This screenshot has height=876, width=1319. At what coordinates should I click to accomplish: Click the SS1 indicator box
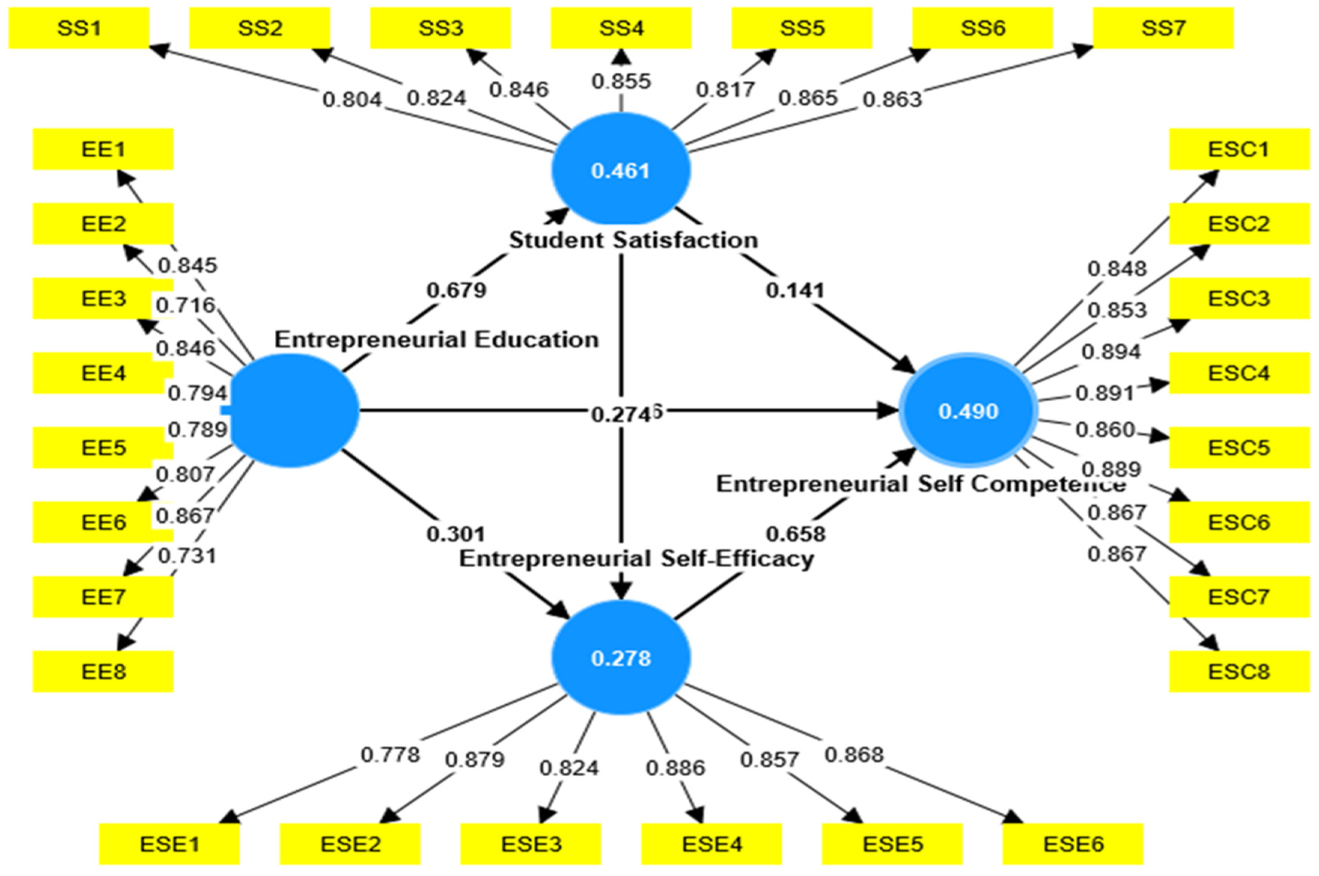click(x=79, y=28)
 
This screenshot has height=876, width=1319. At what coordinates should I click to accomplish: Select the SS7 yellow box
click(x=1163, y=28)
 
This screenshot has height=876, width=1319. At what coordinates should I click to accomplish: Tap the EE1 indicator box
click(x=103, y=149)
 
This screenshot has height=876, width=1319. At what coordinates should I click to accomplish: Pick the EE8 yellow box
click(x=103, y=671)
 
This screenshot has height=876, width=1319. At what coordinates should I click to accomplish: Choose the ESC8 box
click(x=1239, y=671)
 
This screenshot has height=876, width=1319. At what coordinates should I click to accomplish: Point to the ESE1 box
click(x=169, y=843)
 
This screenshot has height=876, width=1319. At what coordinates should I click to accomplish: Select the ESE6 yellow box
click(x=1073, y=843)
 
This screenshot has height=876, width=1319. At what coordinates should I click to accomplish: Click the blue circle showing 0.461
click(x=621, y=170)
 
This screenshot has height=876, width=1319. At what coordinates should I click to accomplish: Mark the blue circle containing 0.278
click(x=621, y=658)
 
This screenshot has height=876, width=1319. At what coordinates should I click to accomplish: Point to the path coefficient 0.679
click(x=456, y=290)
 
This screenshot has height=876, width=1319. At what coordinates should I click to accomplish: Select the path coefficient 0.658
click(x=795, y=534)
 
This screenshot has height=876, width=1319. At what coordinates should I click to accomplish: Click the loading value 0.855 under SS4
click(x=621, y=82)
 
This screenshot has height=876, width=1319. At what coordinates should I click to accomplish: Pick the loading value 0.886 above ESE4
click(x=675, y=768)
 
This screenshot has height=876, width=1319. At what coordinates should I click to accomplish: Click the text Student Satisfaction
click(x=633, y=240)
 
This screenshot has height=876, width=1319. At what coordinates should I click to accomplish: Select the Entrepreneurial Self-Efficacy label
click(x=636, y=559)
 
